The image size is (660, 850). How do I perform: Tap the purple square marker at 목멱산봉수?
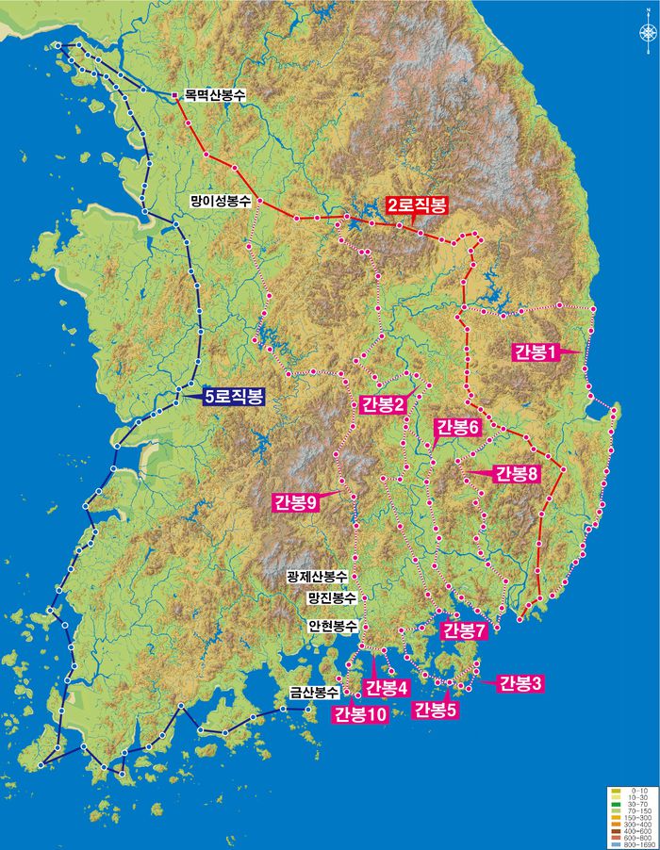click(174, 95)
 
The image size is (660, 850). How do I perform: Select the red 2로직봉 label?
click(416, 206)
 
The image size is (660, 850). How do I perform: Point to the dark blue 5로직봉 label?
click(234, 397)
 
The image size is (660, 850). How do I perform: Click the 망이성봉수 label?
click(220, 201)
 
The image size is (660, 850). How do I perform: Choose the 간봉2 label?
click(383, 405)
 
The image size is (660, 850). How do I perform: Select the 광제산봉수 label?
click(316, 576)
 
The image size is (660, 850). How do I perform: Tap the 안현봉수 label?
click(331, 625)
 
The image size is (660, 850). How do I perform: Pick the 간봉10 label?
click(359, 714)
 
